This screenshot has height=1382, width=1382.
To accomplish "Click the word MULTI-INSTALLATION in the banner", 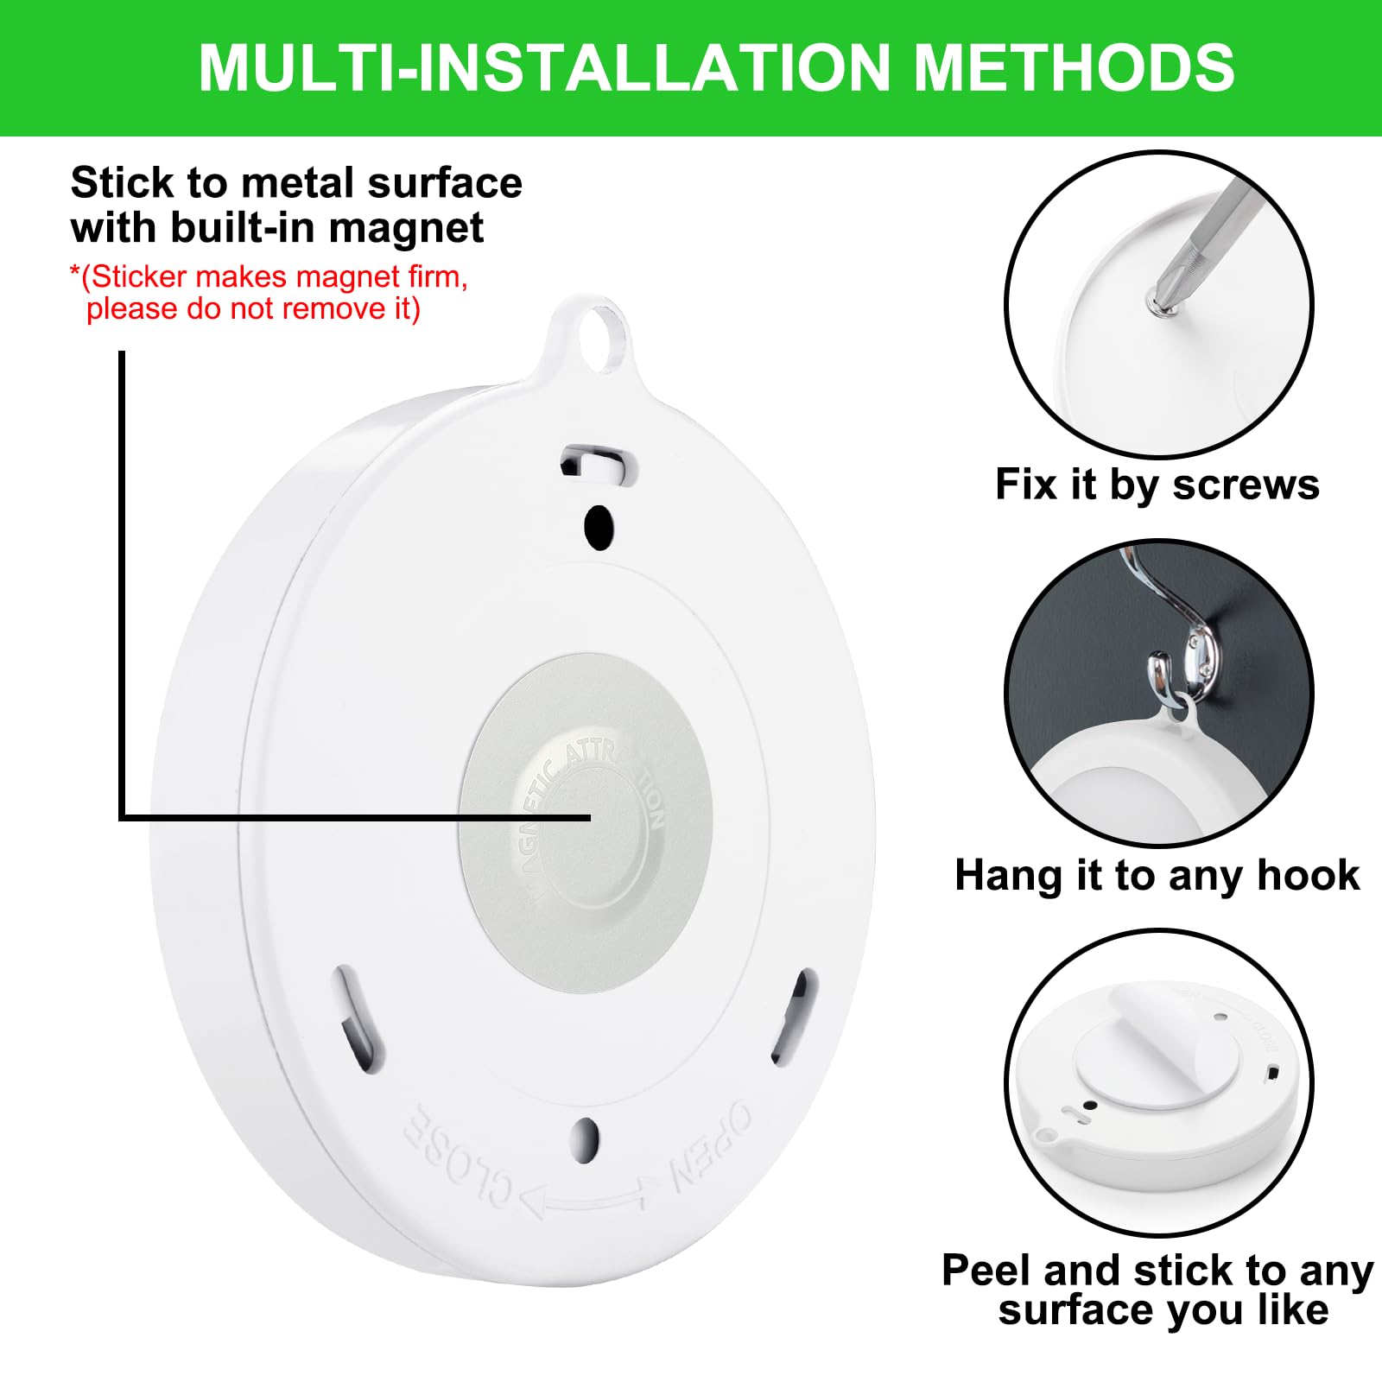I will (x=544, y=67).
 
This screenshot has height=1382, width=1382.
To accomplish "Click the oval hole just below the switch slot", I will (x=598, y=524).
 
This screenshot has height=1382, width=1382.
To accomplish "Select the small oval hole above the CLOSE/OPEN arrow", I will (x=586, y=1138).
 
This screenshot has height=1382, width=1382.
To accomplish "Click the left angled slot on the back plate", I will (x=358, y=1019).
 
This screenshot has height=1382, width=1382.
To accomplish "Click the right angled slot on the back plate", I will (x=795, y=1016).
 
